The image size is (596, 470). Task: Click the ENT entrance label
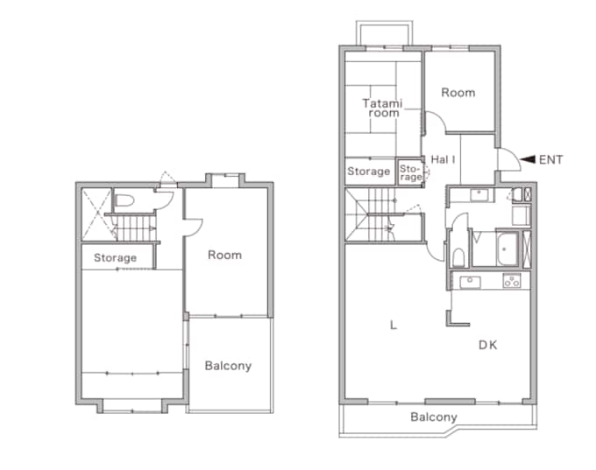[x=550, y=160]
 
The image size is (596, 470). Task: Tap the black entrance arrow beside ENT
[x=528, y=159]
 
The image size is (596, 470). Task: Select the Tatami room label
[x=382, y=109]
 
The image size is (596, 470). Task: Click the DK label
[x=487, y=345]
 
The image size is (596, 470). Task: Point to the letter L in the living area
[x=394, y=325]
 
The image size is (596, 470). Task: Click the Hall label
[x=443, y=159]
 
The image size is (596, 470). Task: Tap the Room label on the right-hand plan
[x=458, y=93]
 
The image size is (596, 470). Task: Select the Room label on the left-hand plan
[x=224, y=255]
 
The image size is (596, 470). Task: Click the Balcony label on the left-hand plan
[x=228, y=366]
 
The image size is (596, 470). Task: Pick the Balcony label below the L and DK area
[x=434, y=417]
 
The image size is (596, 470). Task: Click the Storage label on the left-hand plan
[x=115, y=258]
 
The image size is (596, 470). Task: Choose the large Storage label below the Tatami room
[x=369, y=172]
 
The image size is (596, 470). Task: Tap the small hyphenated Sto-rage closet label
[x=410, y=172]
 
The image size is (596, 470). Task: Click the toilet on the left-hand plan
[x=124, y=200]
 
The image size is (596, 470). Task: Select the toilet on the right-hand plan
[x=458, y=257]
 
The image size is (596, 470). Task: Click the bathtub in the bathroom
[x=507, y=249]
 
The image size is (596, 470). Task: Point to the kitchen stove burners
[x=512, y=281]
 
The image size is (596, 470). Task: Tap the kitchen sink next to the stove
[x=470, y=282]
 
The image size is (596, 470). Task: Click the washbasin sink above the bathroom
[x=479, y=195]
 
